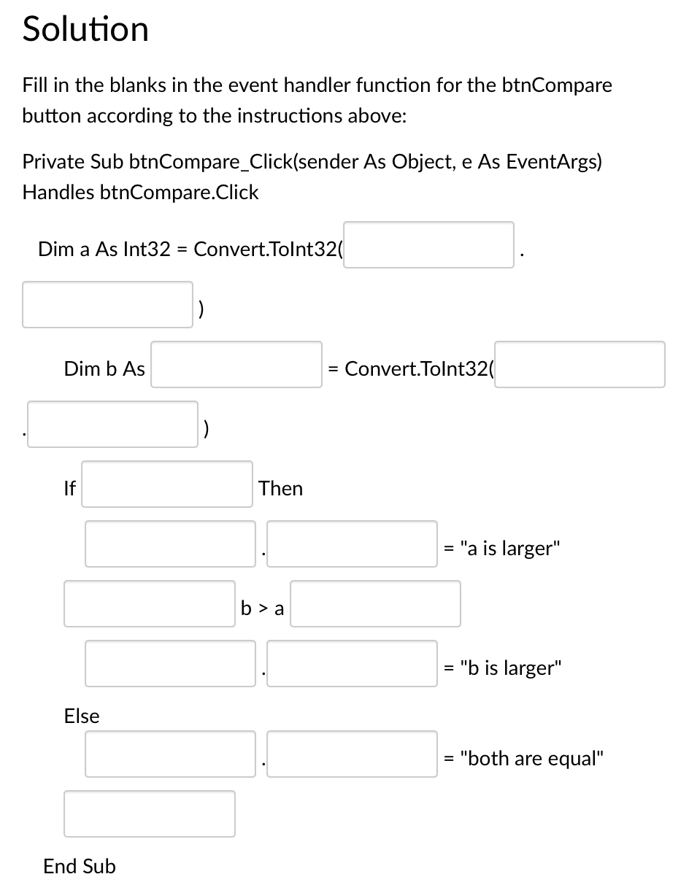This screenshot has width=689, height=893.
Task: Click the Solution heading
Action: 85,29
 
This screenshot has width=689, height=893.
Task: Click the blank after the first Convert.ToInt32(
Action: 428,245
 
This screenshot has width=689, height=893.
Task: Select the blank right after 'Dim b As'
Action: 236,365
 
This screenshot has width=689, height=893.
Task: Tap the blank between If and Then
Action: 167,484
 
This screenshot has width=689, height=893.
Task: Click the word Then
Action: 280,489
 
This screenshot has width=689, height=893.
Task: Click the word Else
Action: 82,716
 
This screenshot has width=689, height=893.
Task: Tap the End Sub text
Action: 80,867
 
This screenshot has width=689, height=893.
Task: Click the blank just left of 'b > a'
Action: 150,603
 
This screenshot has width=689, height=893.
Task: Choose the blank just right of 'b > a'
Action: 375,603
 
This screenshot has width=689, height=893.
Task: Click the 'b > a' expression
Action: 262,608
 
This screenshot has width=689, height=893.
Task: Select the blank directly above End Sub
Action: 150,813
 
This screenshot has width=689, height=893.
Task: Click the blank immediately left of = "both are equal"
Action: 352,754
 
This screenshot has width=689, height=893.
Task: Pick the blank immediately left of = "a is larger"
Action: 352,544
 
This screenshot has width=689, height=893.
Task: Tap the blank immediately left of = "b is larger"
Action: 352,663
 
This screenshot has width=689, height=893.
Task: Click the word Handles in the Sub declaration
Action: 58,193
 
